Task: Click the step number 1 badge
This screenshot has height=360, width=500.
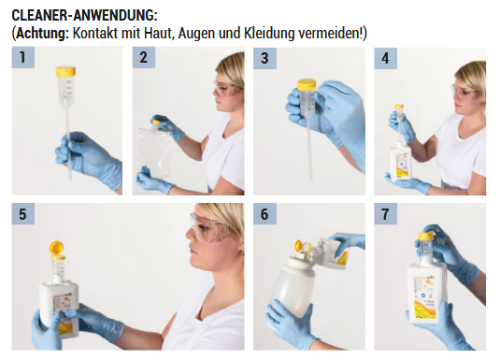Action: coord(23,57)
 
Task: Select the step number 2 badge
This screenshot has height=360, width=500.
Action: coord(144,57)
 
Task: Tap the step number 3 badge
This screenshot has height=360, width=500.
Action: coord(264,58)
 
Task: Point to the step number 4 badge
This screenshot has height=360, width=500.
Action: coord(386,58)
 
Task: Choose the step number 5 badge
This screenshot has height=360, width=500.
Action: coord(23,214)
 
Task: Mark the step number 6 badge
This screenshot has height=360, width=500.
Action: coord(264,214)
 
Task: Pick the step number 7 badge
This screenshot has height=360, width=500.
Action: coord(386,214)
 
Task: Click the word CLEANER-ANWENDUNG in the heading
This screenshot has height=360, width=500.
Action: coord(83,15)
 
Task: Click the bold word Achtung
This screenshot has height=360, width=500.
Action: coord(42,33)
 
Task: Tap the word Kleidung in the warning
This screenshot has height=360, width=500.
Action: coord(269,33)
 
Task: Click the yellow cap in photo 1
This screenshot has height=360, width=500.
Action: coord(65,71)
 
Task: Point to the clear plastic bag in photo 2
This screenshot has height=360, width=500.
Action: coord(154,153)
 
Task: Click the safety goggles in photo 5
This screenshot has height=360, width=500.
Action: coord(211,227)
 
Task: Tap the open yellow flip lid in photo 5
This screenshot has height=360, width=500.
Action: coord(56,249)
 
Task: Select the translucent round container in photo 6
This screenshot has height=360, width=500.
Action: coord(293,287)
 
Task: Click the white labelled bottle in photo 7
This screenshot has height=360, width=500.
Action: coord(427,294)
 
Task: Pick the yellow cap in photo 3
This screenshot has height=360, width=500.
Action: coord(307,84)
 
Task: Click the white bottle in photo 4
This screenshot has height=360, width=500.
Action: coord(401,163)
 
